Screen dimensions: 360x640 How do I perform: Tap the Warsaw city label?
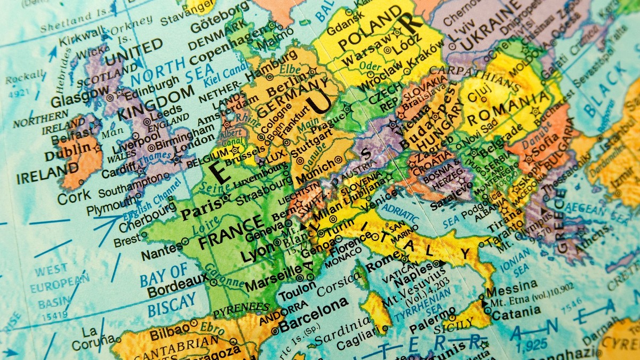(x=364, y=54)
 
